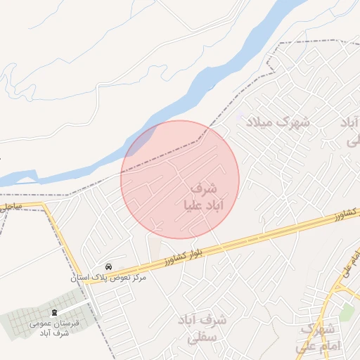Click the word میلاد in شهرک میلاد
pyautogui.click(x=257, y=121)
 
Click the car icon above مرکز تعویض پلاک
pyautogui.click(x=109, y=267)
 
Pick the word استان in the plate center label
pyautogui.click(x=83, y=278)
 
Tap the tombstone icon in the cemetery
pyautogui.click(x=55, y=312)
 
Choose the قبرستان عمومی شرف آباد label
pyautogui.click(x=49, y=328)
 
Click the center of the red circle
pyautogui.click(x=180, y=179)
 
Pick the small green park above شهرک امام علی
pyautogui.click(x=346, y=310)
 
